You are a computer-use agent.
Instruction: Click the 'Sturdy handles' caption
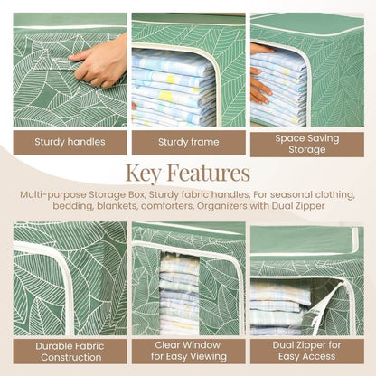70,142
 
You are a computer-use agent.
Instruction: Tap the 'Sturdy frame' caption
187,142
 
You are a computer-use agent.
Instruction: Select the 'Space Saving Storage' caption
306,143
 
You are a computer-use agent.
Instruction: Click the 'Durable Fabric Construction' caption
70,352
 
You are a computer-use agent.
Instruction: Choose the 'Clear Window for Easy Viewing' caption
187,352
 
